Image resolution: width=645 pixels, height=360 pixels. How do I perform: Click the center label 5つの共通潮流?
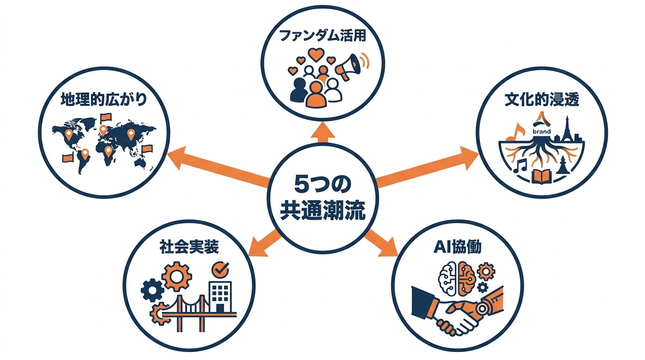tap(322, 199)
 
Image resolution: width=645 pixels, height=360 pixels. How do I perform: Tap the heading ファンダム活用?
tap(322, 36)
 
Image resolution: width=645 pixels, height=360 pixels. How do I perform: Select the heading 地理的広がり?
tap(104, 99)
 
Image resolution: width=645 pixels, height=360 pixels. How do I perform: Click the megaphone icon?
tap(349, 67)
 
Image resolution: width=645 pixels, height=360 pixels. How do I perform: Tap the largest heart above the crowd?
tap(316, 55)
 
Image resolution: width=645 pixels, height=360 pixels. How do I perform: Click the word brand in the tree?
tap(541, 132)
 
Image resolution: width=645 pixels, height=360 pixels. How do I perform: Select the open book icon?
tap(541, 176)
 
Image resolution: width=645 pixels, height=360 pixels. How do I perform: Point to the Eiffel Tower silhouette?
tap(567, 129)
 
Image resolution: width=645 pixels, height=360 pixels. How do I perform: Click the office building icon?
tap(220, 297)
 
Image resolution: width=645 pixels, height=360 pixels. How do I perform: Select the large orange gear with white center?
tap(176, 277)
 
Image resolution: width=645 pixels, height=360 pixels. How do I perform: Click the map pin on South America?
tap(85, 153)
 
